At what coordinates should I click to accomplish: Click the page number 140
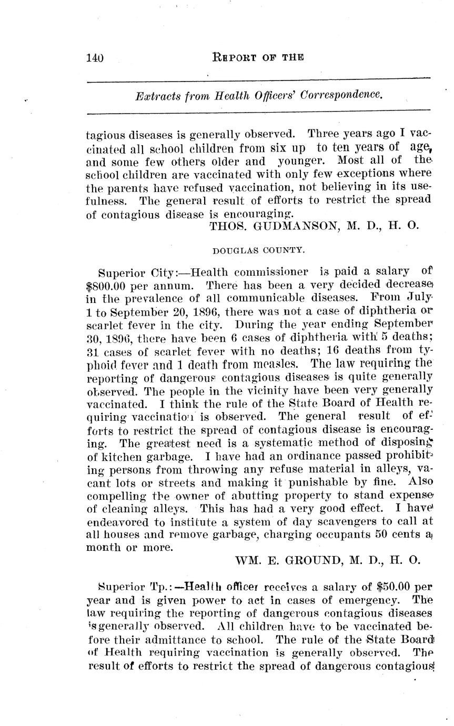click(95, 57)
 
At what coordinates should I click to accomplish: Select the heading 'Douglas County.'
click(258, 250)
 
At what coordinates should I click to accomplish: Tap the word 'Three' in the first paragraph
click(325, 134)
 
